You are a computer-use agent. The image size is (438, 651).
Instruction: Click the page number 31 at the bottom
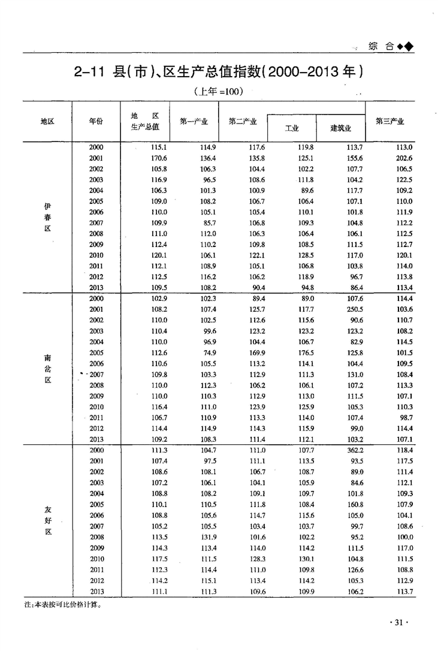coord(398,623)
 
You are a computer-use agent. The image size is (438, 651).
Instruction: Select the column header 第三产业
coord(389,121)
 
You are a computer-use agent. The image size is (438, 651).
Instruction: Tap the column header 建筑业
coord(340,128)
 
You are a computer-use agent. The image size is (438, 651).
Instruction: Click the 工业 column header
coord(292,128)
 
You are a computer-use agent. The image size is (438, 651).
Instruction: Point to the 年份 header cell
coord(96,121)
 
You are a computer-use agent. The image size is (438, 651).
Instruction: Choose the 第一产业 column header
coord(194,121)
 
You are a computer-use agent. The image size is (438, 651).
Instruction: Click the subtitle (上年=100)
coord(218,92)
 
